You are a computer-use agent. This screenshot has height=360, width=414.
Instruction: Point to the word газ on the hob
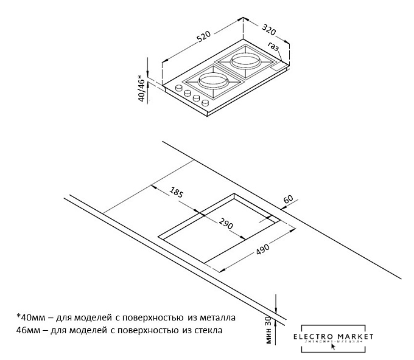tap(273, 48)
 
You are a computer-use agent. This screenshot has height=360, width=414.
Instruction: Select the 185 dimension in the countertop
tap(177, 194)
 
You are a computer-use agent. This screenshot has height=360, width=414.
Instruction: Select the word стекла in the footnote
tap(206, 331)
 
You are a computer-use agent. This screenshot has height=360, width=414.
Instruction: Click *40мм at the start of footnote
tap(30, 317)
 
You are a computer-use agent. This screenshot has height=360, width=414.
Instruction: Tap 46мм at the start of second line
tap(29, 331)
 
